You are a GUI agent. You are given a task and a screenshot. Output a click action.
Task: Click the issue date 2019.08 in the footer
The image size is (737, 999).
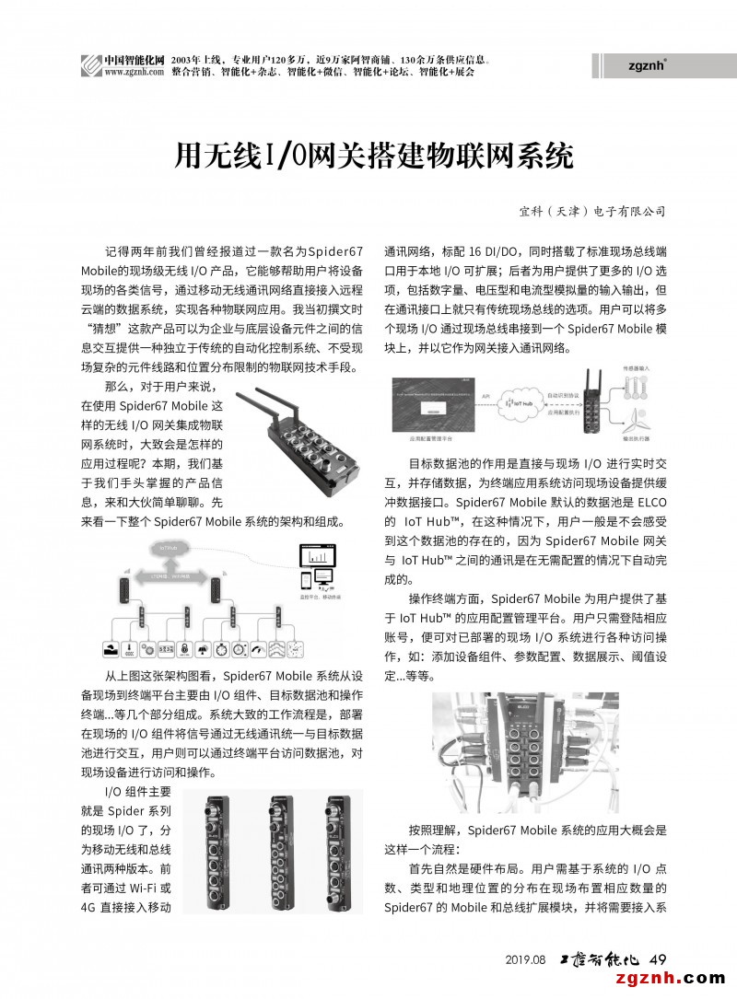click(526, 959)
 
